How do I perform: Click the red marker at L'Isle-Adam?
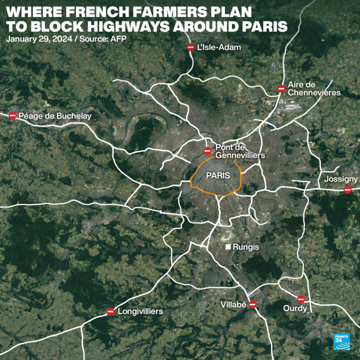click(190, 47)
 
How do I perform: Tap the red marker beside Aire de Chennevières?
click(281, 89)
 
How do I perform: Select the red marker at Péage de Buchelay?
click(12, 115)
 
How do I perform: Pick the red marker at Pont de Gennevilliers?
click(207, 150)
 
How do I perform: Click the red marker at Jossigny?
click(347, 189)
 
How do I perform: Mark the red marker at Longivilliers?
click(110, 311)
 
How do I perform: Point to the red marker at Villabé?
click(252, 304)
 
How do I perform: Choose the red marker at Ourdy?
click(300, 299)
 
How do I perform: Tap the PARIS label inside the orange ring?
click(218, 175)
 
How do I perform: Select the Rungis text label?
click(246, 247)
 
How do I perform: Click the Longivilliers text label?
click(140, 311)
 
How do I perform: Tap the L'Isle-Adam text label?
click(219, 47)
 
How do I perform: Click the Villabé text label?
click(233, 304)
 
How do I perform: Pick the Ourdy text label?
click(294, 309)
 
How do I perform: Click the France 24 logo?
click(342, 341)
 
